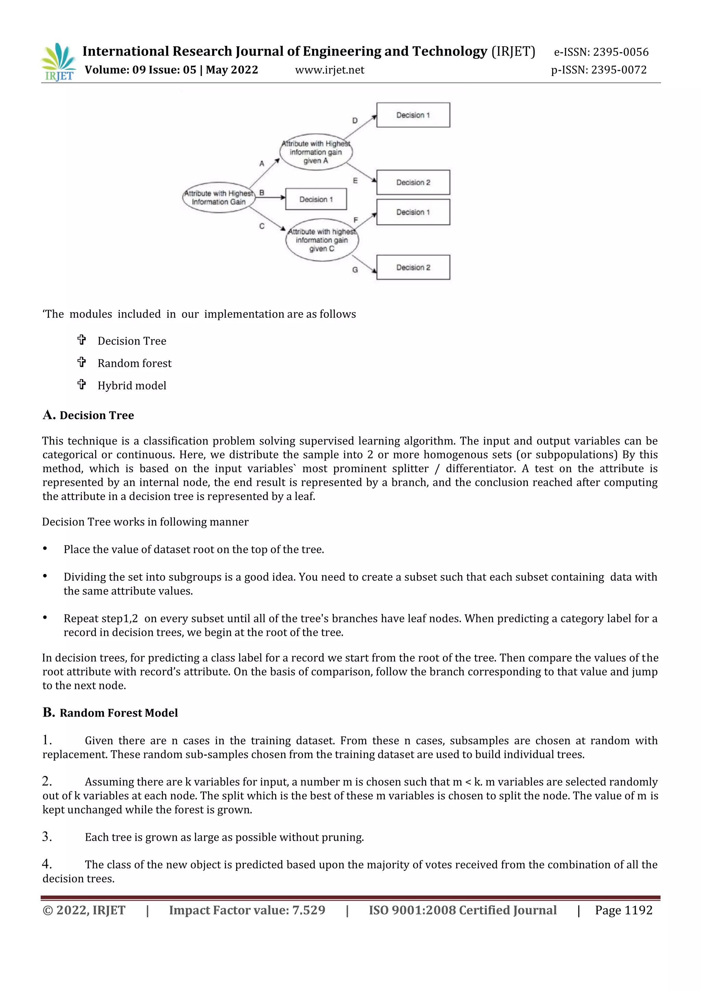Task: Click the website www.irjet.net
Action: tap(329, 70)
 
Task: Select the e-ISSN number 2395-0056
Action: tap(620, 52)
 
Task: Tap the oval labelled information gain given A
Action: tap(316, 152)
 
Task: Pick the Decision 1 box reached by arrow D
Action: tap(413, 115)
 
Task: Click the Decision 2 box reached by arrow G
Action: tap(413, 268)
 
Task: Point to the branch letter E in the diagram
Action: tap(355, 181)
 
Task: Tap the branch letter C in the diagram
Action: tap(262, 226)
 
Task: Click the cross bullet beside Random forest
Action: tap(81, 362)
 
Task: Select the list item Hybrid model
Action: tap(132, 385)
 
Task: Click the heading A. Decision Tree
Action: tap(89, 415)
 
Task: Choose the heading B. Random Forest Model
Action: tap(110, 712)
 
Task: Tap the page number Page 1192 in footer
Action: tap(623, 910)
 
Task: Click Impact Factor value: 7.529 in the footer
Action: tap(247, 910)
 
